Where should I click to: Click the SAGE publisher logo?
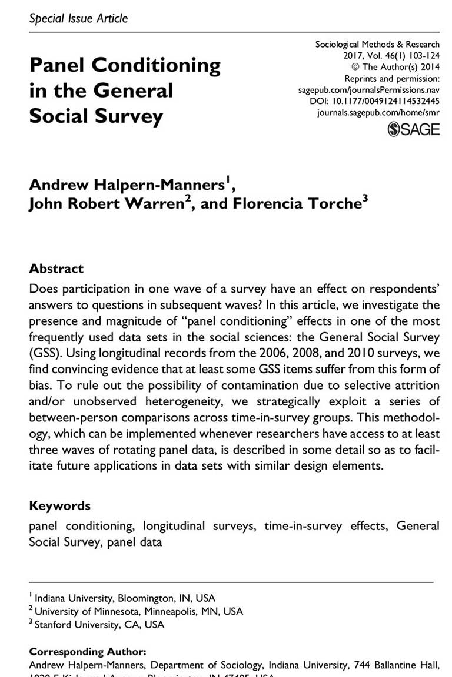(413, 129)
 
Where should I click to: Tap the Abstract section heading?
(56, 269)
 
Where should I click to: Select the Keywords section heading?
(60, 505)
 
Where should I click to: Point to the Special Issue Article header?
(78, 18)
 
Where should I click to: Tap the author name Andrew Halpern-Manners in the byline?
(127, 185)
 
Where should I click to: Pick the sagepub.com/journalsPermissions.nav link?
(370, 90)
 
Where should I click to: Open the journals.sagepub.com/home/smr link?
(378, 112)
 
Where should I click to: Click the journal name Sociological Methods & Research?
(377, 45)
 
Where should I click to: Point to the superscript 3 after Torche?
(365, 199)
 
